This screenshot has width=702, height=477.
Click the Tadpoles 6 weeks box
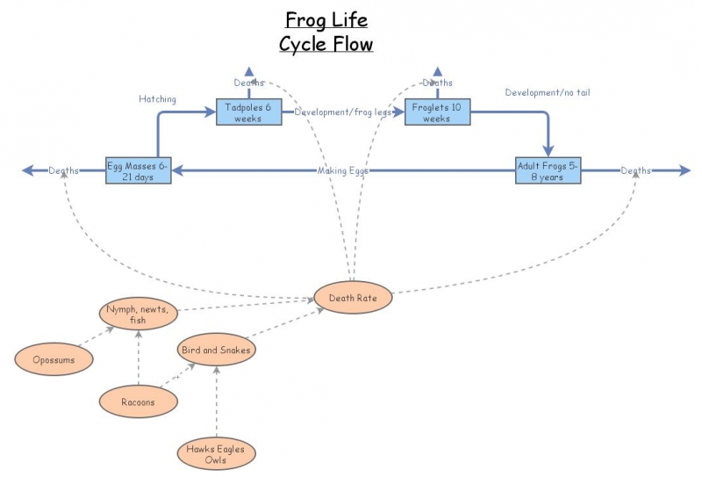coord(248,112)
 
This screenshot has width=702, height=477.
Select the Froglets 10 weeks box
coord(436,112)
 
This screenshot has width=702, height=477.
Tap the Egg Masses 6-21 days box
coord(138,170)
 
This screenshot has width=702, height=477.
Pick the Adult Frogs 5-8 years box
coord(548,170)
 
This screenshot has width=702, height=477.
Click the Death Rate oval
coord(352,298)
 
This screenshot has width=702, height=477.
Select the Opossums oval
coord(55,358)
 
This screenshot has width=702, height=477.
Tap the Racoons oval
coord(138,401)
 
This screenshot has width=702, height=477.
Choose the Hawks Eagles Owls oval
coord(216,454)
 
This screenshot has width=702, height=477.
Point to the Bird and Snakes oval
coord(216,351)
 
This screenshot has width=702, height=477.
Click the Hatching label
coord(157,99)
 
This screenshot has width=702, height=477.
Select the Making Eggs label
coord(342,170)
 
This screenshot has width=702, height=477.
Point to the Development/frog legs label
coord(343,112)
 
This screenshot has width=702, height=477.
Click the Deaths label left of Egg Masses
coord(64,170)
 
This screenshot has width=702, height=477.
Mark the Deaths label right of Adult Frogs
coord(636,170)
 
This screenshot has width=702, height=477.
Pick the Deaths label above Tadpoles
coord(249,83)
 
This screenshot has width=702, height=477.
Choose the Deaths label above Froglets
coord(437,83)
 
